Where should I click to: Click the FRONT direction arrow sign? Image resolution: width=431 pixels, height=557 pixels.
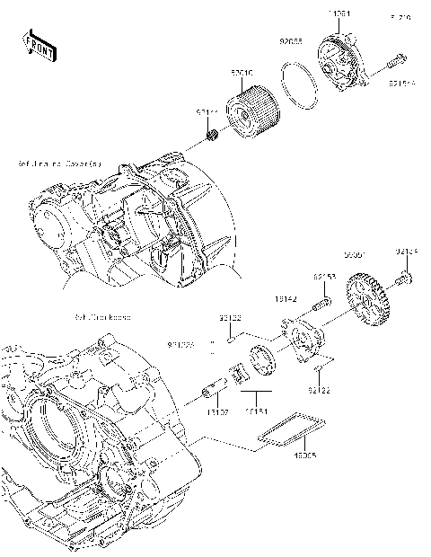pos(40,45)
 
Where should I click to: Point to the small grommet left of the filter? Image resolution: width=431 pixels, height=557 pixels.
pos(213,137)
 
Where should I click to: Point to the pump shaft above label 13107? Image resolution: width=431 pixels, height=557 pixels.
pos(215,393)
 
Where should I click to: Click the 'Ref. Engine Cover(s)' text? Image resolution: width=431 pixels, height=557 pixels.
pos(58,165)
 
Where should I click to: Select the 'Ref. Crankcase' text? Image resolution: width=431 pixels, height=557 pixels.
pos(102,317)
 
